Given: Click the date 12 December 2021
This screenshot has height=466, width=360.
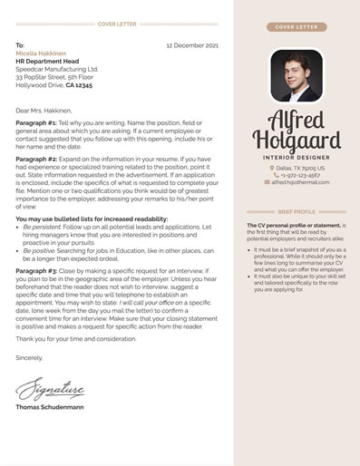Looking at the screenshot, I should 192,44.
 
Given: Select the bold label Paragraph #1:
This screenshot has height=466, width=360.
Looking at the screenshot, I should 36,121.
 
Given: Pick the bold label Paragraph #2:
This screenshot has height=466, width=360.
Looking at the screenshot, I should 36,158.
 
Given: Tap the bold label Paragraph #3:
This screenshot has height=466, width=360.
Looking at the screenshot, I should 36,270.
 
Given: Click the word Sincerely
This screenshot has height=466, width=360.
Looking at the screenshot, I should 29,358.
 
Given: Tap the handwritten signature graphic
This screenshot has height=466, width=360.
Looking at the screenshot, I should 50,389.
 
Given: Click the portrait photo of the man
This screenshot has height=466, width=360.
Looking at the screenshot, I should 297,75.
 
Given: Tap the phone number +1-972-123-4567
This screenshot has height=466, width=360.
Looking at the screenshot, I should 299,175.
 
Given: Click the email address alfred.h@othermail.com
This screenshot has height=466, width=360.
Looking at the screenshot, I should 299,182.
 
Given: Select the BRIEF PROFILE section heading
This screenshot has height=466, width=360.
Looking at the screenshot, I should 297,211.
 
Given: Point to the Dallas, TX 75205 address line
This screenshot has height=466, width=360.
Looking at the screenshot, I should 299,168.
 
